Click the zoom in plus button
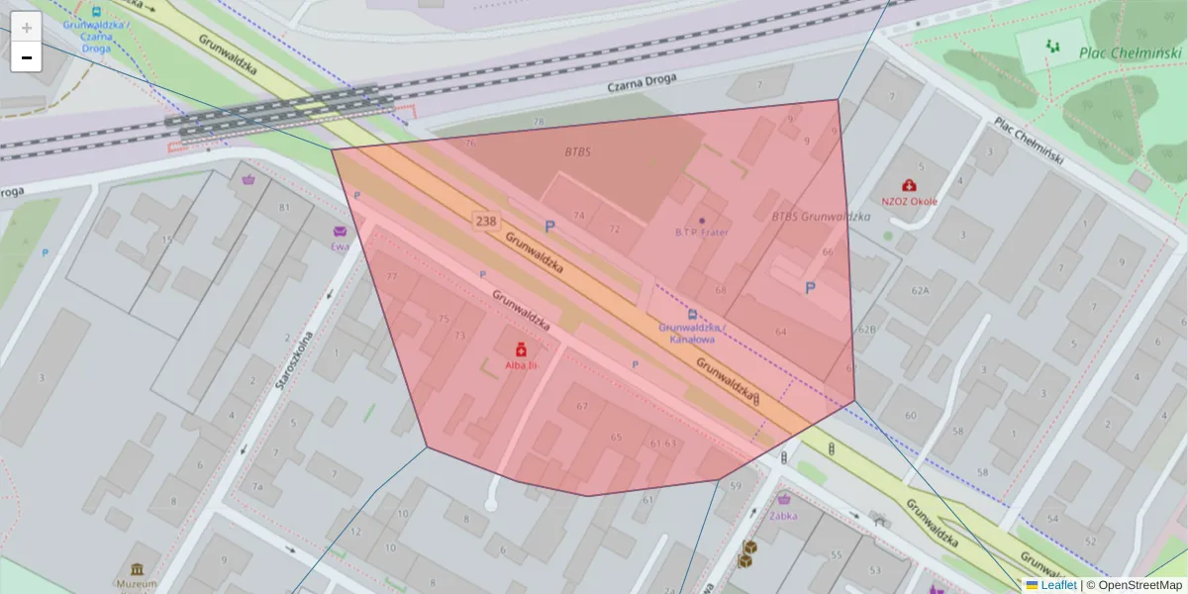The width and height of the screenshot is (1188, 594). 27,28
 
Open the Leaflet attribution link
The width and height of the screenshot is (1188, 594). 1057,585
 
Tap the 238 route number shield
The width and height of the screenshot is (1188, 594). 485,221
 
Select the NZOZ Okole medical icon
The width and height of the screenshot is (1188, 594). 909,184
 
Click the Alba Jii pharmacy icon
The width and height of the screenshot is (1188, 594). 520,348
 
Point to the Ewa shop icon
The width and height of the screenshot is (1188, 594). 340,231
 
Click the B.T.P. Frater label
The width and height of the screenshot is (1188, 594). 701,233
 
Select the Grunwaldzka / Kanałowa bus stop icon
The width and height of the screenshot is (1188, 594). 692,314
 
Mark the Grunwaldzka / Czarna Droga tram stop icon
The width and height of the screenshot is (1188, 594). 96,12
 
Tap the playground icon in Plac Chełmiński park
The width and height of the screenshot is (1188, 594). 1051,46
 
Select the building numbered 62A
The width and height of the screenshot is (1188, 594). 921,290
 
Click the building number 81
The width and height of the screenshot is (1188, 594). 285,207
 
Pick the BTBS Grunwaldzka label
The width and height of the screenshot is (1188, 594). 820,216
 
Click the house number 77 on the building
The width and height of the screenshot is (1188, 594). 392,276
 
